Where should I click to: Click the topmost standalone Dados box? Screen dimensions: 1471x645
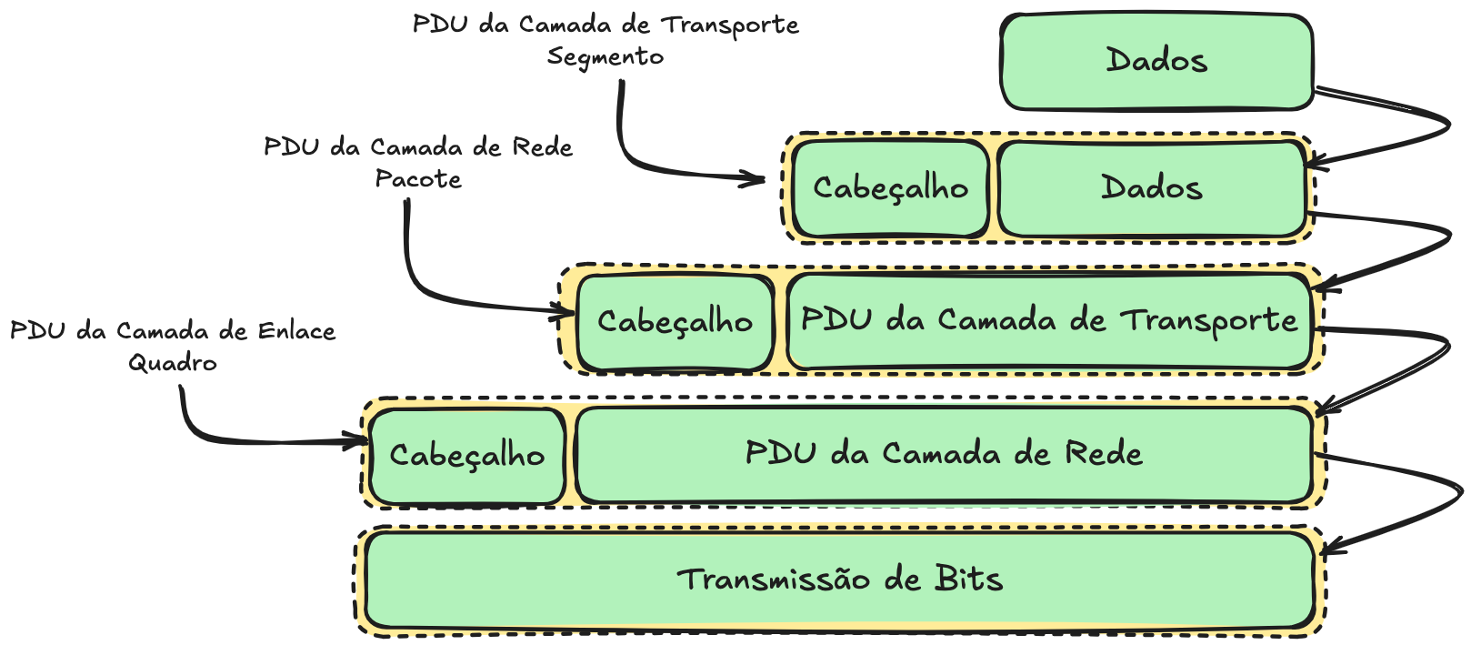coord(1156,61)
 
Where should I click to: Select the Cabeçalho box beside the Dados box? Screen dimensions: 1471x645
coord(890,188)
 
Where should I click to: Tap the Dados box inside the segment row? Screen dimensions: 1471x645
coord(1152,188)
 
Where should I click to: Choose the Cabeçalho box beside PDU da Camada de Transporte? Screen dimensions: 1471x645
coord(675,322)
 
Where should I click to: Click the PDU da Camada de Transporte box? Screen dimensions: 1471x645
coord(1049,320)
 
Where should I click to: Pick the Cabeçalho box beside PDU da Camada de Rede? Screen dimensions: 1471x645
coord(467,456)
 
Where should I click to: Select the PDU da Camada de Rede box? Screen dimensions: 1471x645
coord(945,455)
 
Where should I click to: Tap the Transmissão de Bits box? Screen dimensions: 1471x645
coord(840,580)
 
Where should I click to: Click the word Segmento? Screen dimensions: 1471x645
coord(605,57)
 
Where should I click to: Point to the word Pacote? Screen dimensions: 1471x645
coord(418,178)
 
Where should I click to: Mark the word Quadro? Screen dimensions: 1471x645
coord(173,363)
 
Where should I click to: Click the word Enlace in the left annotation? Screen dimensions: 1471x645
coord(296,331)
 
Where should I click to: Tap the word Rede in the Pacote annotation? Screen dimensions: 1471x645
coord(542,147)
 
